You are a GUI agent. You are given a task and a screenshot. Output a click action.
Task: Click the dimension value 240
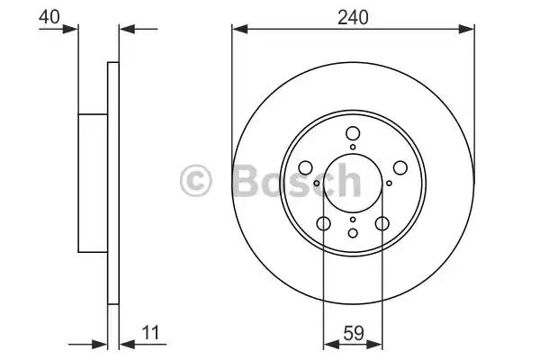352,15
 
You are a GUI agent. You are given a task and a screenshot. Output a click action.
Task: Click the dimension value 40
51,15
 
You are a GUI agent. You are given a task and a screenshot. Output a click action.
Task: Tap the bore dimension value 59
352,333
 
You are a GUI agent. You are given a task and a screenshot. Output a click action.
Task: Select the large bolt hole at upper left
305,167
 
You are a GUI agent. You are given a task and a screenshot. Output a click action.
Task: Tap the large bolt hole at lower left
323,224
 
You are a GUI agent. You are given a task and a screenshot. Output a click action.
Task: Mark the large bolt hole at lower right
382,224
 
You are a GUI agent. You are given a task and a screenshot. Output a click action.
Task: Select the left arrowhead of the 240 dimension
238,29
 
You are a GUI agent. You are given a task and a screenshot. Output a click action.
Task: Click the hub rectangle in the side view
93,183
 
